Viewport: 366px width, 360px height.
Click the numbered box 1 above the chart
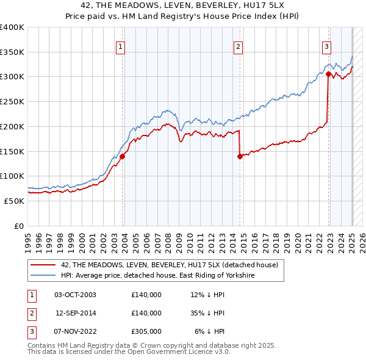(120, 46)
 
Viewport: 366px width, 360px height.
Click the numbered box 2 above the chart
(238, 46)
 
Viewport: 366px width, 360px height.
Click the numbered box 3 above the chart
(326, 46)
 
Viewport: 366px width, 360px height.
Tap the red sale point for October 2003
(123, 156)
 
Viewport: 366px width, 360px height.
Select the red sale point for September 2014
(240, 156)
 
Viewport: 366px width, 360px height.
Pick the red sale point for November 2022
(328, 74)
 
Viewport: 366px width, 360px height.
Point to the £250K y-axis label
(12, 101)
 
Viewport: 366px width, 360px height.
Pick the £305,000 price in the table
(146, 331)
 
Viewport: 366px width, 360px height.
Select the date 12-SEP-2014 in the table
(76, 313)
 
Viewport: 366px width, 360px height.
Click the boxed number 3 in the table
(30, 331)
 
